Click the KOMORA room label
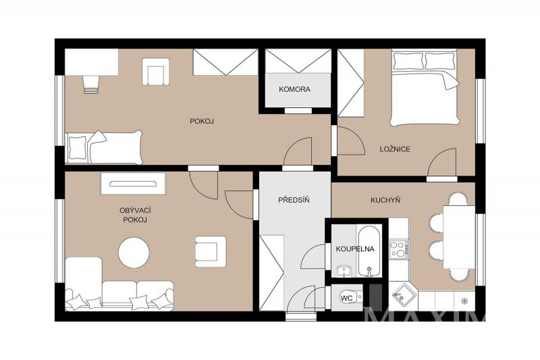pyautogui.click(x=294, y=89)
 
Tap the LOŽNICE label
pyautogui.click(x=395, y=149)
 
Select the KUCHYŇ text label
pyautogui.click(x=385, y=200)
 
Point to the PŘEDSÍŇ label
pyautogui.click(x=294, y=200)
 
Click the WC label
pyautogui.click(x=346, y=298)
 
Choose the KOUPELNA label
pyautogui.click(x=355, y=249)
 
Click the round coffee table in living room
pyautogui.click(x=134, y=253)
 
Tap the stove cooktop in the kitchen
pyautogui.click(x=398, y=249)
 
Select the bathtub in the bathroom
pyautogui.click(x=369, y=251)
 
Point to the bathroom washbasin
pyautogui.click(x=344, y=271)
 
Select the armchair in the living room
pyautogui.click(x=211, y=251)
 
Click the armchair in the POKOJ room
pyautogui.click(x=156, y=72)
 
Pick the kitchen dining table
pyautogui.click(x=459, y=236)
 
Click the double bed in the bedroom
pyautogui.click(x=425, y=88)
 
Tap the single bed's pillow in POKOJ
pyautogui.click(x=78, y=147)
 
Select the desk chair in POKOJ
pyautogui.click(x=91, y=84)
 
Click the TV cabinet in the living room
pyautogui.click(x=133, y=184)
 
